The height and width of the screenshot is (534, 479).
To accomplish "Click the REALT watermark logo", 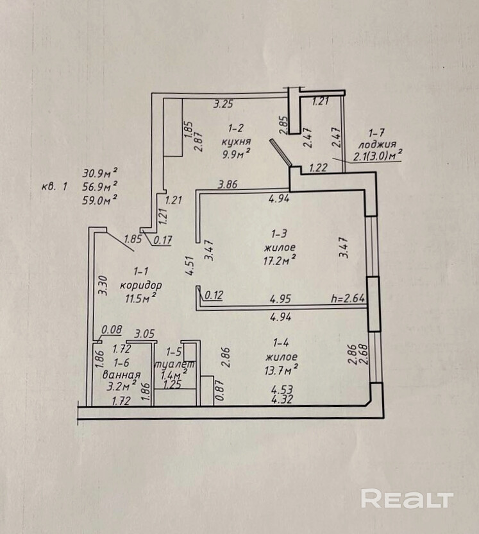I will click(x=407, y=499).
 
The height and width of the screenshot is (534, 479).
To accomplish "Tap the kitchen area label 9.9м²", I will click(x=235, y=154).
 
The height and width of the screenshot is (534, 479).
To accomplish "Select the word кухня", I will click(x=235, y=141).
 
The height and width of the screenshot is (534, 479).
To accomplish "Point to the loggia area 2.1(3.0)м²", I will click(x=378, y=154).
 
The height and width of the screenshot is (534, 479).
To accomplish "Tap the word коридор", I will click(x=140, y=284).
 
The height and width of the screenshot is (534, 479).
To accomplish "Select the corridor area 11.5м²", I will click(x=140, y=297).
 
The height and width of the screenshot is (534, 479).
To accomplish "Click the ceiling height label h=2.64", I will click(x=346, y=298).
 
